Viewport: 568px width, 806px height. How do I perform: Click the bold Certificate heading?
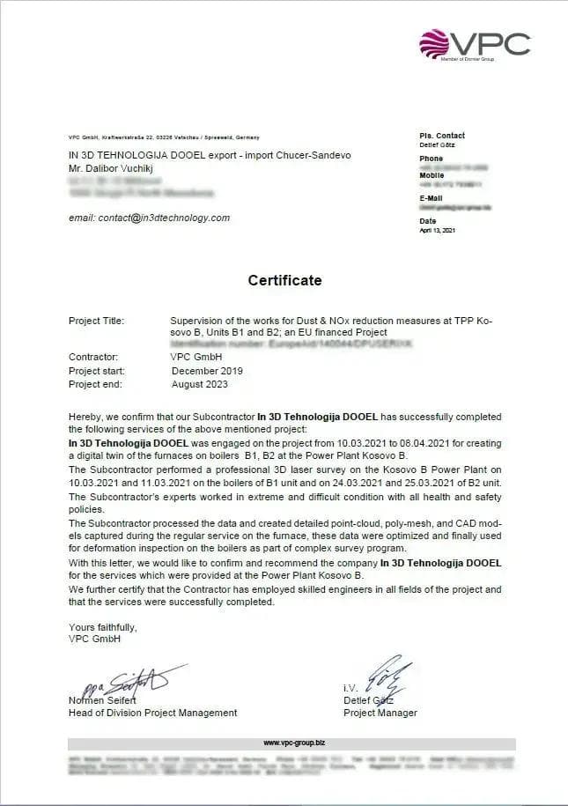[284, 281]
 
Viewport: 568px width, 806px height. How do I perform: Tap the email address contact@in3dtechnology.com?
[149, 218]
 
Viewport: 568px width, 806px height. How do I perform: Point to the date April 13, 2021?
[438, 231]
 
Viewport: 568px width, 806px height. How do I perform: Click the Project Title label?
[96, 321]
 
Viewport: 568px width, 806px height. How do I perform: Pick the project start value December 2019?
[207, 371]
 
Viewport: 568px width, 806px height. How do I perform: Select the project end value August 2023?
[201, 384]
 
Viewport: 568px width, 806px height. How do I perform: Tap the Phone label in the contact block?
[432, 159]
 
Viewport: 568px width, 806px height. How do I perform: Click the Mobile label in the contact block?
[432, 175]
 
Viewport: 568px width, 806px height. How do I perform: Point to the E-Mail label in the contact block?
[432, 198]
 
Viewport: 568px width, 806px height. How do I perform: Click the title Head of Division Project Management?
[152, 713]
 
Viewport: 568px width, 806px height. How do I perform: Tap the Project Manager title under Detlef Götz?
[380, 713]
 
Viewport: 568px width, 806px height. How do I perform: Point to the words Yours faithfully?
[103, 627]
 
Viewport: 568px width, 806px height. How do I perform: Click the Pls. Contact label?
[442, 136]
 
